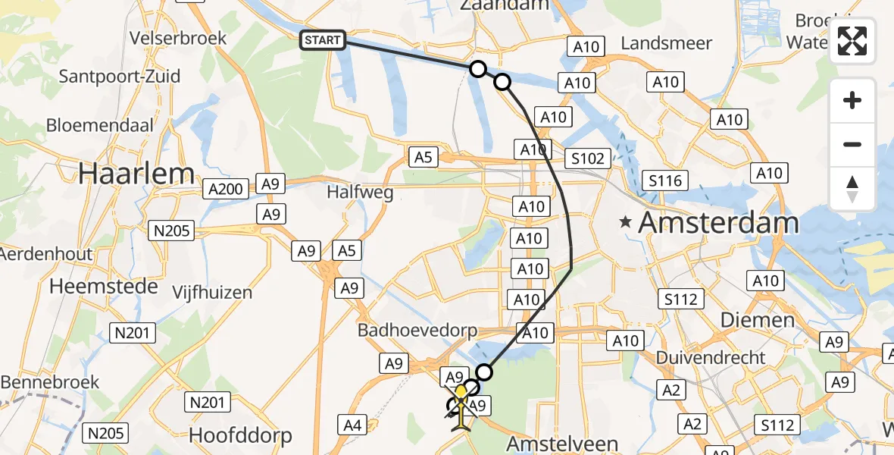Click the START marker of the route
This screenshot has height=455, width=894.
[324, 40]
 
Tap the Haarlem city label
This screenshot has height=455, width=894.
[137, 174]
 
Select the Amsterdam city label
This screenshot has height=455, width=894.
[718, 223]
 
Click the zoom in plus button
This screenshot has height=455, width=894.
[852, 101]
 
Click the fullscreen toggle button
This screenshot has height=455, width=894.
[852, 41]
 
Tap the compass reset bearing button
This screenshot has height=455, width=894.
[852, 189]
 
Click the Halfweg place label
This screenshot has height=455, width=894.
[360, 193]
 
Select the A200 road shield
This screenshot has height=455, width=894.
[226, 187]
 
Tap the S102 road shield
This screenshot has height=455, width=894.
[588, 158]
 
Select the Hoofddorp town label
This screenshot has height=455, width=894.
[239, 436]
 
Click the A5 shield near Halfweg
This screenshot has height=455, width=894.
[423, 157]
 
